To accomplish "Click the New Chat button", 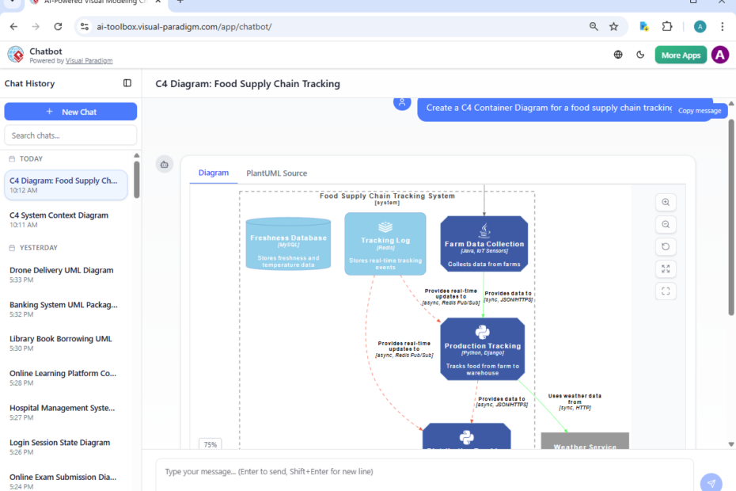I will coord(70,112).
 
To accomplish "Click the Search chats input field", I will coord(70,135).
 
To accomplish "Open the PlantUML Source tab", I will coord(276,173).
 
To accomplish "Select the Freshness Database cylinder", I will coord(288,243).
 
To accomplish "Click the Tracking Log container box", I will coord(385,244).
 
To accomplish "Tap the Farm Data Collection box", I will coord(484,244).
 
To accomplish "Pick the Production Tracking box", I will coord(482,349).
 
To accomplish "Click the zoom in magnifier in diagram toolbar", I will coord(666,202).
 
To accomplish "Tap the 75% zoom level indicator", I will coord(210,444).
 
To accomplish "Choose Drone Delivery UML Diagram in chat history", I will coord(62,270).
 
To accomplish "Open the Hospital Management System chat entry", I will coord(62,408).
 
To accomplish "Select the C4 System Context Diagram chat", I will coord(59,215).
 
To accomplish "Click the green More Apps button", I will coord(681,55).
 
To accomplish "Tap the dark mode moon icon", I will coord(641,55).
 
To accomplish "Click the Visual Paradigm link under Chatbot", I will coord(89,61).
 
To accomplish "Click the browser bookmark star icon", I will coord(613,26).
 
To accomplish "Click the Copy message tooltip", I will coord(700,111).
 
